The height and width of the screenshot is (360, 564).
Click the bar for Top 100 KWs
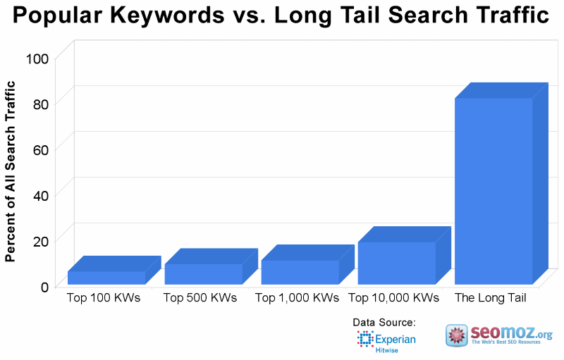pyautogui.click(x=106, y=278)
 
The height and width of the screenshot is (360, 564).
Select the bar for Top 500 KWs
pyautogui.click(x=203, y=274)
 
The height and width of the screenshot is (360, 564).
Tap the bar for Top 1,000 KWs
pyautogui.click(x=300, y=272)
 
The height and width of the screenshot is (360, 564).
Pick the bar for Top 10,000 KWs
pyautogui.click(x=396, y=263)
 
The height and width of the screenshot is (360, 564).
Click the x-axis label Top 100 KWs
pyautogui.click(x=104, y=298)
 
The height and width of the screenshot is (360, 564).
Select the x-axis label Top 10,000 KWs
pyautogui.click(x=393, y=298)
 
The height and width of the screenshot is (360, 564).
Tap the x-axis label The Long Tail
pyautogui.click(x=491, y=298)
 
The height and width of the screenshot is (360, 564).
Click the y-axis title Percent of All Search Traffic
pyautogui.click(x=11, y=171)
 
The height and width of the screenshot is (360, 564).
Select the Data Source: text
pyautogui.click(x=384, y=323)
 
